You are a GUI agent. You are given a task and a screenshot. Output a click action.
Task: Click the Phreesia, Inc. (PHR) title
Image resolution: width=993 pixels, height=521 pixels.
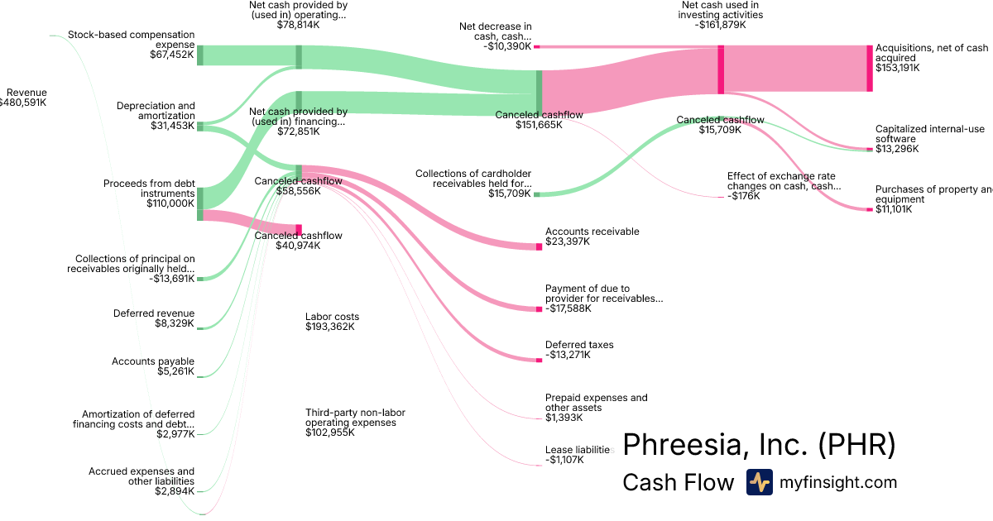pyautogui.click(x=759, y=445)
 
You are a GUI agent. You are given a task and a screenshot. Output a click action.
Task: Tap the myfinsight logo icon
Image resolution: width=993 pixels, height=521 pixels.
pyautogui.click(x=759, y=482)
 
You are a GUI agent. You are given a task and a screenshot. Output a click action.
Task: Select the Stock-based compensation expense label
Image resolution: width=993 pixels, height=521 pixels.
pyautogui.click(x=132, y=40)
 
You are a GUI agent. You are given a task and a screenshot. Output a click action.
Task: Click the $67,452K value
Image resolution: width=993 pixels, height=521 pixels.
pyautogui.click(x=171, y=55)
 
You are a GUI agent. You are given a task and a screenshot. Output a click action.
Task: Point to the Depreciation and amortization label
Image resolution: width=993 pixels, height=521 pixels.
pyautogui.click(x=156, y=111)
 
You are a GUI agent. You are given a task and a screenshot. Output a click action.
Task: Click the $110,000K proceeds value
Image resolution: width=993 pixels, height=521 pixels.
pyautogui.click(x=170, y=203)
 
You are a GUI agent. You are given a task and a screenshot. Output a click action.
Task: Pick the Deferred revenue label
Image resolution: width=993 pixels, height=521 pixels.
pyautogui.click(x=154, y=313)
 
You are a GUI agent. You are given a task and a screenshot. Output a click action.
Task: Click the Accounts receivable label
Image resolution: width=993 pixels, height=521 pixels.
pyautogui.click(x=592, y=232)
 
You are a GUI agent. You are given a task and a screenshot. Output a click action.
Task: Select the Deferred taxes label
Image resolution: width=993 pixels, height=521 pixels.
pyautogui.click(x=579, y=345)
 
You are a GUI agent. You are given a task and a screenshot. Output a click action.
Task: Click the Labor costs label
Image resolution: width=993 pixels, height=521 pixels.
pyautogui.click(x=332, y=317)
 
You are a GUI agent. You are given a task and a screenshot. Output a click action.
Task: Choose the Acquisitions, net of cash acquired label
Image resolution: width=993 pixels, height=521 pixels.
pyautogui.click(x=932, y=54)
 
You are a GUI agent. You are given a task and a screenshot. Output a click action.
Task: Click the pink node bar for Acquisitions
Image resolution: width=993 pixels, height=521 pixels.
pyautogui.click(x=869, y=69)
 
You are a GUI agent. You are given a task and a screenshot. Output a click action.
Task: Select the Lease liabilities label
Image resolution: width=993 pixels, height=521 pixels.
pyautogui.click(x=578, y=450)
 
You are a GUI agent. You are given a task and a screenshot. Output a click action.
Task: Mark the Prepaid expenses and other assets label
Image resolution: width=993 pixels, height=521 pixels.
pyautogui.click(x=596, y=403)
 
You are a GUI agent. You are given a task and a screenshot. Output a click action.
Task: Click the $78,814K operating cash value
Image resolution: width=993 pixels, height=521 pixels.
pyautogui.click(x=298, y=26)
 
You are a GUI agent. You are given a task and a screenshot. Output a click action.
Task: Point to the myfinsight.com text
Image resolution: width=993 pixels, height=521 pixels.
pyautogui.click(x=838, y=482)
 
